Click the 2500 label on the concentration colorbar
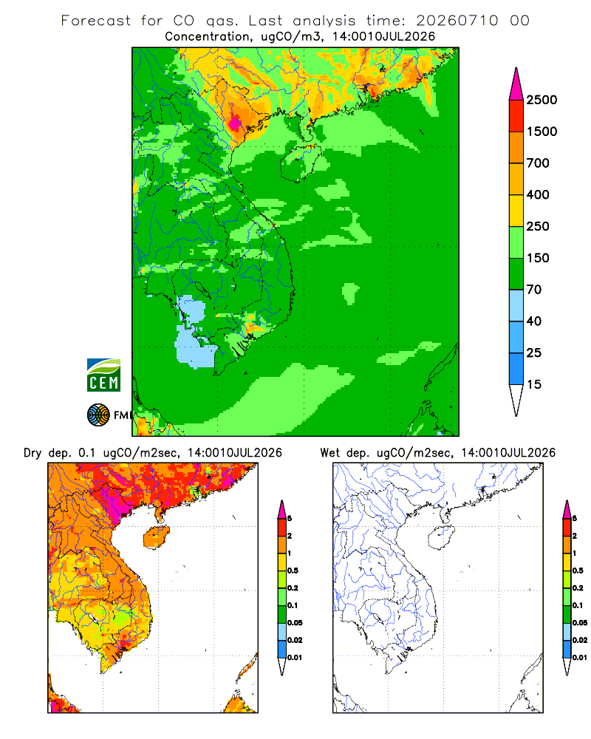pyautogui.click(x=542, y=100)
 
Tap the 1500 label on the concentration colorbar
pyautogui.click(x=542, y=132)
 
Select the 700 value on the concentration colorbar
pyautogui.click(x=538, y=163)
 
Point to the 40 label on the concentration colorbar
pyautogui.click(x=533, y=321)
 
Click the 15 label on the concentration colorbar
pyautogui.click(x=533, y=384)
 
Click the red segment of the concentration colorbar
pyautogui.click(x=516, y=116)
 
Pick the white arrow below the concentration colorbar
pyautogui.click(x=516, y=399)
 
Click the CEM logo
pyautogui.click(x=103, y=375)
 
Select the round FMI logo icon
pyautogui.click(x=98, y=415)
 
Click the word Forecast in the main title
pyautogui.click(x=96, y=21)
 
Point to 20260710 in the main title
pyautogui.click(x=457, y=21)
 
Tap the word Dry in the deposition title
pyautogui.click(x=33, y=453)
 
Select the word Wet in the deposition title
pyautogui.click(x=330, y=453)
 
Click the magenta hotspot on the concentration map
pyautogui.click(x=235, y=123)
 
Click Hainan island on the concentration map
pyautogui.click(x=300, y=162)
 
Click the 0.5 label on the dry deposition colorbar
pyautogui.click(x=293, y=571)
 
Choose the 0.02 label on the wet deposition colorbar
pyautogui.click(x=580, y=640)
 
